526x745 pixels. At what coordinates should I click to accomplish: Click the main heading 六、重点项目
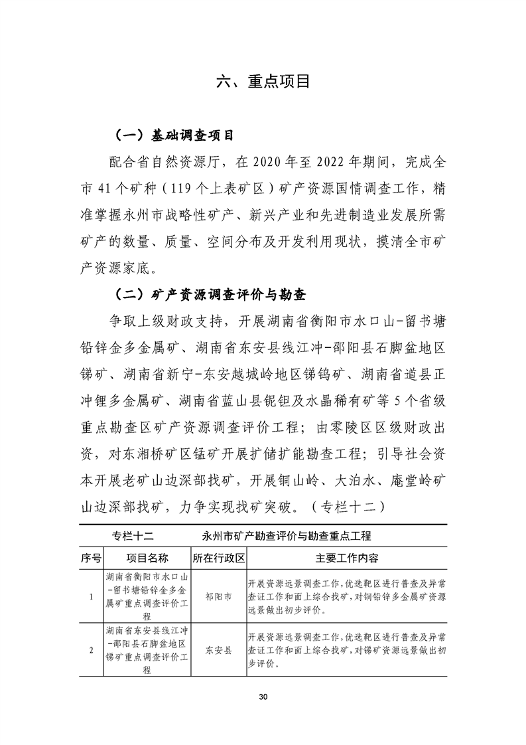click(x=263, y=82)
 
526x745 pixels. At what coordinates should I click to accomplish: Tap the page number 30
click(x=263, y=697)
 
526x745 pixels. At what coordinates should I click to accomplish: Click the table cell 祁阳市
click(x=219, y=596)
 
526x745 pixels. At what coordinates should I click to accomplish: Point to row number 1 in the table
click(x=91, y=596)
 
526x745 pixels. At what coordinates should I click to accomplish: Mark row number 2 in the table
click(x=91, y=650)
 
